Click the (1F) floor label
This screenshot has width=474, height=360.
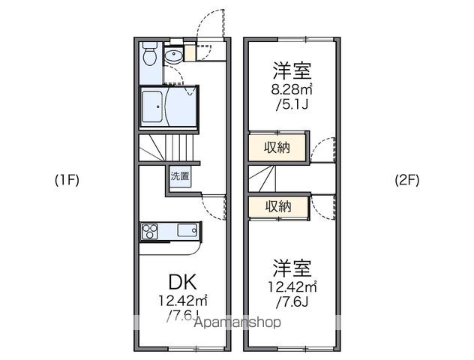[66, 180]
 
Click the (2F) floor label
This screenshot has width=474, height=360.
[407, 180]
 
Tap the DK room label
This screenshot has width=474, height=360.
[182, 283]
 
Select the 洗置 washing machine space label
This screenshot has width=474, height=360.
[180, 177]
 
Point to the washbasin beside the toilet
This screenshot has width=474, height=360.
[172, 55]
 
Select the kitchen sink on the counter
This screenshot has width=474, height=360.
[187, 229]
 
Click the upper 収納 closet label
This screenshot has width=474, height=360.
[277, 146]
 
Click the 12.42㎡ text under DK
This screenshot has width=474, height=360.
[181, 301]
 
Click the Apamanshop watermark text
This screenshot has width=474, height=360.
[237, 322]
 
